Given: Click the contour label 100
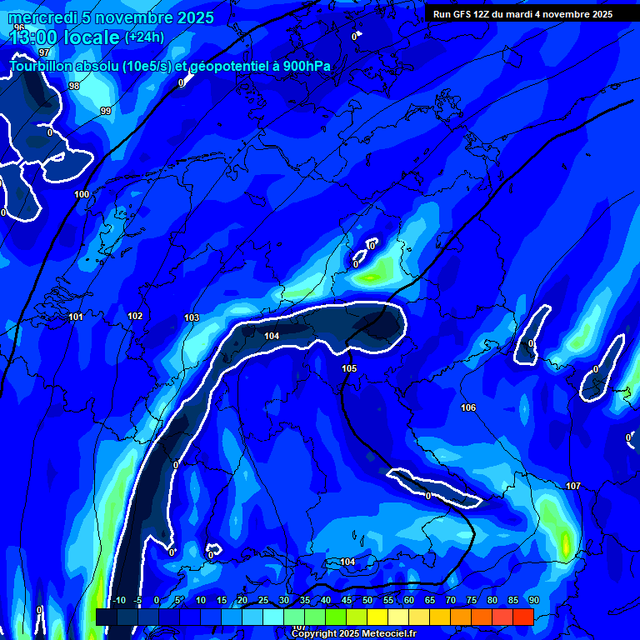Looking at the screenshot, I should click(x=82, y=194).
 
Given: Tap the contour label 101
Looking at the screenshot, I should click(x=76, y=317).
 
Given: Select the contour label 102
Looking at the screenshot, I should click(x=135, y=316).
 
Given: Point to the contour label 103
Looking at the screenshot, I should click(x=192, y=317).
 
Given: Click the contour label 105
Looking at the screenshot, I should click(x=349, y=368).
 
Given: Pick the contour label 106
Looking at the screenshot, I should click(x=468, y=407).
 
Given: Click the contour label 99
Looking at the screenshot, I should click(x=106, y=111).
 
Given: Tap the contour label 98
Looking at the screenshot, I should click(x=74, y=86).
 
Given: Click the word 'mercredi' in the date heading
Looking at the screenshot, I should click(x=42, y=17).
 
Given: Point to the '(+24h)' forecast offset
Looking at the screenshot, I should click(x=144, y=37).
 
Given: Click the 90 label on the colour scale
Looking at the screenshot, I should click(x=533, y=600).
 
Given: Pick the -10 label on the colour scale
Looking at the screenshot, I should click(x=118, y=600).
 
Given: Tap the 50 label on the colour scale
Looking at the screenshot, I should click(x=367, y=600).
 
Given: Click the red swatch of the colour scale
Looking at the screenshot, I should click(x=522, y=617).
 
